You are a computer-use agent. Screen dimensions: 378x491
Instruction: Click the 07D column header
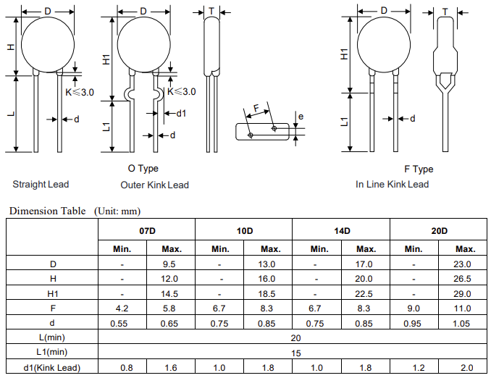coord(147,230)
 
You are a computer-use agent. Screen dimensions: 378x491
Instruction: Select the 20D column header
coord(439,230)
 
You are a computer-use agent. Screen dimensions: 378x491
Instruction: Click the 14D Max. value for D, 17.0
coord(366,264)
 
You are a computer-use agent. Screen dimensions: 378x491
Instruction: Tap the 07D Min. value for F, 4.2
coord(122,308)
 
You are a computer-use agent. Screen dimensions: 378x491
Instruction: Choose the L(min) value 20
coord(295,338)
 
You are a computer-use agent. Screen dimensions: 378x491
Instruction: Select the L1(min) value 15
coord(295,353)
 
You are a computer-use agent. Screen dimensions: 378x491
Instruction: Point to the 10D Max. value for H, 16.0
coord(269,279)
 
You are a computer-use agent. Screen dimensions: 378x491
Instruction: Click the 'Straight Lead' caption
coord(41,184)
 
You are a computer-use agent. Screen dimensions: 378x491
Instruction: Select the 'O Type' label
coord(143,168)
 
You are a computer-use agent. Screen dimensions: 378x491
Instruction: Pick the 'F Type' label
coord(419,169)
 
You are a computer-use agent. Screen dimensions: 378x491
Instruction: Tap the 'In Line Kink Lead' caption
coord(392,184)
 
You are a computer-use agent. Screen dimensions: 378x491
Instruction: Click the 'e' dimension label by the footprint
coord(301,116)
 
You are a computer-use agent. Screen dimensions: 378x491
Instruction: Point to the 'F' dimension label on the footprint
coord(256,109)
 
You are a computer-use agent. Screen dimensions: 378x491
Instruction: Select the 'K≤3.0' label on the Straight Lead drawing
coord(80,92)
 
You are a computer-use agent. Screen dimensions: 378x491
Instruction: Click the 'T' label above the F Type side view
coord(444,11)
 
